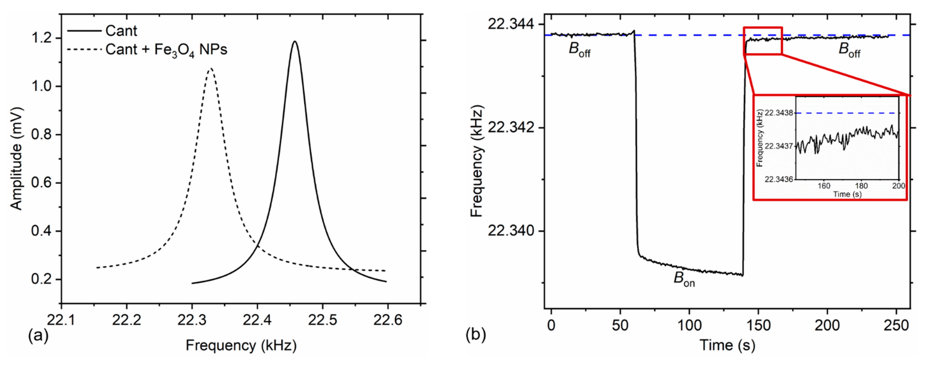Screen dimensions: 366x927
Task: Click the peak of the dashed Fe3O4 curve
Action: click(211, 68)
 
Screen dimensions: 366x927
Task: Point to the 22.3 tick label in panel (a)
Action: click(192, 320)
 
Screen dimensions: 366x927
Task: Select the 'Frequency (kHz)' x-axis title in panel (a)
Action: click(241, 346)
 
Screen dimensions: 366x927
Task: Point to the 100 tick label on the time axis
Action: click(689, 326)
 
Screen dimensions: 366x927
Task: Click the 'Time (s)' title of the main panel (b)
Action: click(727, 346)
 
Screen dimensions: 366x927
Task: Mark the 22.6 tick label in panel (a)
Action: click(388, 320)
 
